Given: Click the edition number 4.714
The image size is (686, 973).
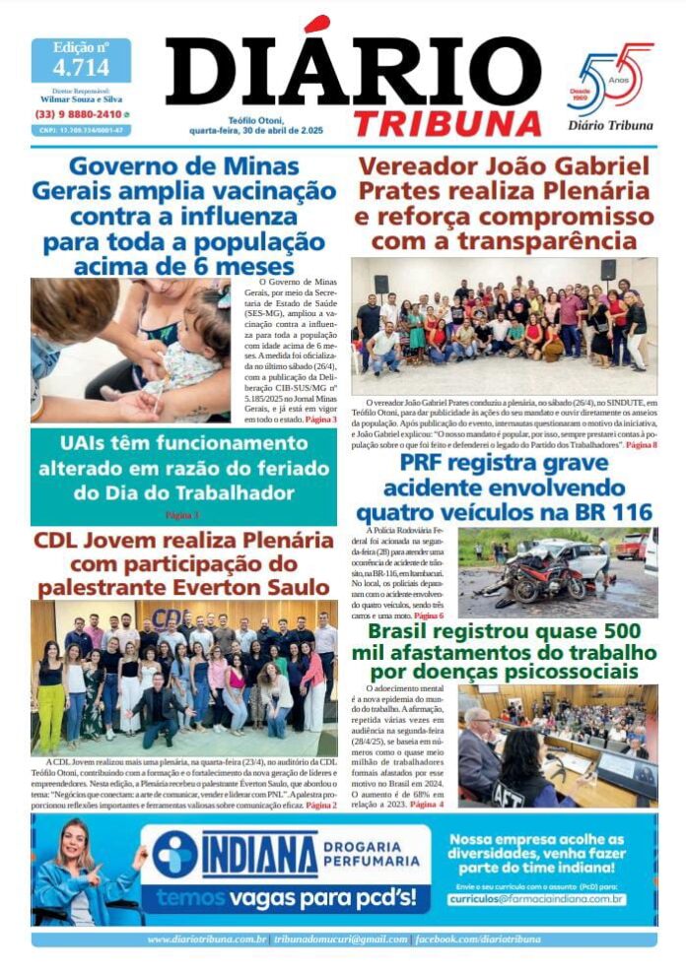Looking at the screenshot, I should point(80,68).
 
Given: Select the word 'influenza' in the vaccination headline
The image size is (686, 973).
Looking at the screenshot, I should point(258,215).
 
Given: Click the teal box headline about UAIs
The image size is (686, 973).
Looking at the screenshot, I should point(183,468).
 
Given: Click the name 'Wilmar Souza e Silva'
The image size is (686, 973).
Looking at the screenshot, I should point(81,99).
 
